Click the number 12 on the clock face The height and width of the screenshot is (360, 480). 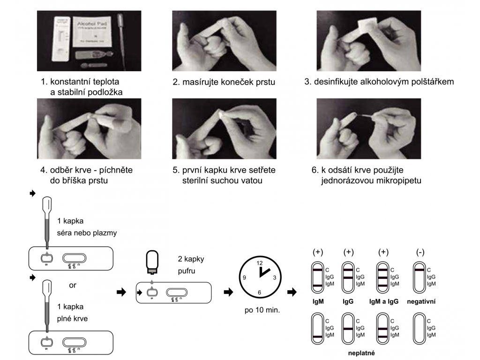pos(260,263)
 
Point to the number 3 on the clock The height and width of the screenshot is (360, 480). pos(274,277)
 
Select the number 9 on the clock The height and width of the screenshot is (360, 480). pos(244,277)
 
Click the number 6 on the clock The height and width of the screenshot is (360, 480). pos(259,292)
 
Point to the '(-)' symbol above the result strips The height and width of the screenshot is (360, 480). pos(420,252)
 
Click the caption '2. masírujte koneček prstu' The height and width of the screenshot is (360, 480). pos(224,82)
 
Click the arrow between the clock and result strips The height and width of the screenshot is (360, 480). pos(292,292)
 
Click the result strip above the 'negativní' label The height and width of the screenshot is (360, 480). pos(420,277)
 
